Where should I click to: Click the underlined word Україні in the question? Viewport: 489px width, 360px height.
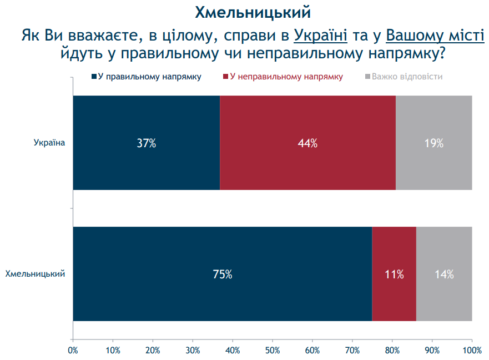(320, 36)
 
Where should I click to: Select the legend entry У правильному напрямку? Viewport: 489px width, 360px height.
(145, 77)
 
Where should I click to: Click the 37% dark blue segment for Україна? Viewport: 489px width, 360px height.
(147, 143)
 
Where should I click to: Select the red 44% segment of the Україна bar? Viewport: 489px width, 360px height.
(307, 143)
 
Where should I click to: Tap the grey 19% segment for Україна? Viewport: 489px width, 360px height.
(433, 143)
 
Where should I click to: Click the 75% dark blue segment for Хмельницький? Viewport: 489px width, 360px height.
(222, 274)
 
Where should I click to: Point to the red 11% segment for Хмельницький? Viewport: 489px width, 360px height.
(394, 274)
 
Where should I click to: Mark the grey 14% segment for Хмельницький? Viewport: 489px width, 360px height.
(444, 274)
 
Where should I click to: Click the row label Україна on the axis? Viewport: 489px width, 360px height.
(50, 143)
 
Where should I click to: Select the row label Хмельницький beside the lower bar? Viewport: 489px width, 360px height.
(35, 274)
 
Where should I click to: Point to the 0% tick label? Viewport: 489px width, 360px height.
(73, 351)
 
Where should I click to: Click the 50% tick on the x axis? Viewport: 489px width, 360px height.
(273, 351)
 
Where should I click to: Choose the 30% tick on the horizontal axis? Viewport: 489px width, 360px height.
(193, 351)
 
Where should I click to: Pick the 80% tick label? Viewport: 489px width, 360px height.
(392, 351)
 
